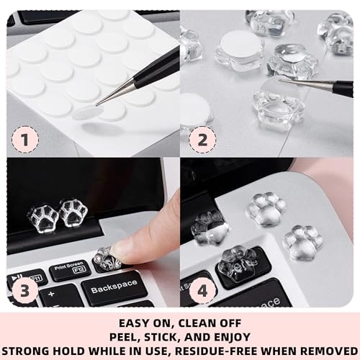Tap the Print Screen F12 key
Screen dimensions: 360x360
pos(69,270)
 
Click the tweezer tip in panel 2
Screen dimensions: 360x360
pos(282,82)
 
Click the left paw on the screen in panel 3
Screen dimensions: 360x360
pos(42,215)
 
